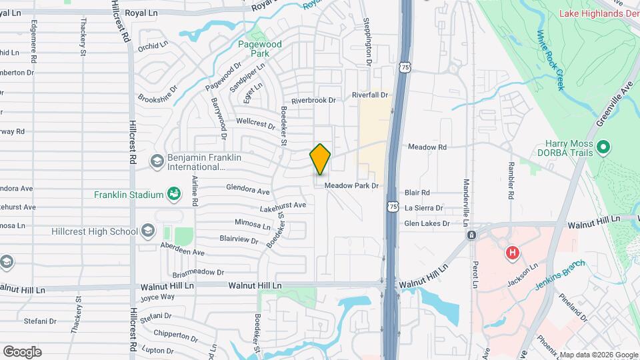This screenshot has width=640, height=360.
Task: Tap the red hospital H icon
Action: [x=512, y=253]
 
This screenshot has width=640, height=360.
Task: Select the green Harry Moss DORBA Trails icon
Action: [x=603, y=147]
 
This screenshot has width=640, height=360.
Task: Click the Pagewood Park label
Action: [x=260, y=48]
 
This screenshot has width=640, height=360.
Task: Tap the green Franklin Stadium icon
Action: [x=174, y=194]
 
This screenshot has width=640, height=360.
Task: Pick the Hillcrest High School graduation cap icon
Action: [x=147, y=231]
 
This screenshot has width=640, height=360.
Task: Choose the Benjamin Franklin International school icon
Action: [x=157, y=161]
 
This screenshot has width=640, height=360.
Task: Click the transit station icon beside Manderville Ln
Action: [x=471, y=235]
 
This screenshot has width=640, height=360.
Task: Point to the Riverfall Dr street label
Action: [x=370, y=95]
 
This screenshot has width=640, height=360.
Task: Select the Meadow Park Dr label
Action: [x=351, y=186]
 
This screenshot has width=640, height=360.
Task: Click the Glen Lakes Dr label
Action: [x=427, y=224]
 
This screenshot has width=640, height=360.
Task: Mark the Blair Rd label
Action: [x=416, y=192]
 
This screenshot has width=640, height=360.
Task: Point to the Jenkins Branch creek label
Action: [x=561, y=274]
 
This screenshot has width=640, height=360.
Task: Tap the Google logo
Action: [x=22, y=352]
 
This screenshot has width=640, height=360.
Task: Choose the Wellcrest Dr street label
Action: [x=255, y=123]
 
